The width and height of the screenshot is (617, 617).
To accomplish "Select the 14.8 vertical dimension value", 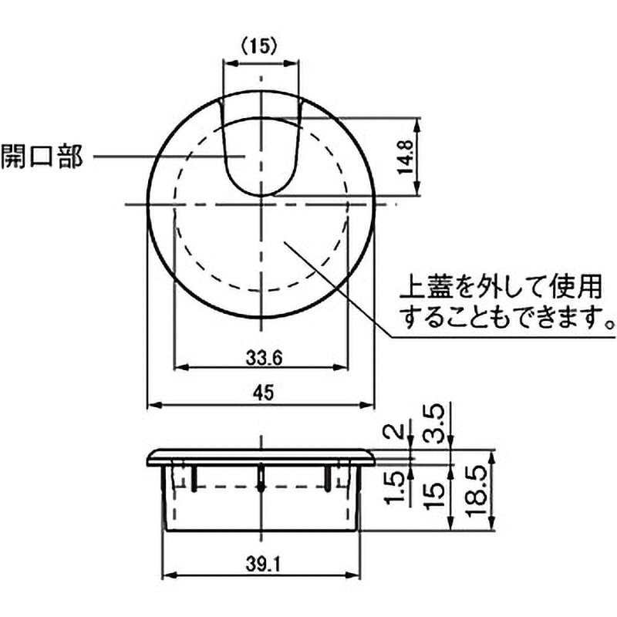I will point(408,158).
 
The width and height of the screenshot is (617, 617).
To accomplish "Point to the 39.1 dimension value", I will point(263,565).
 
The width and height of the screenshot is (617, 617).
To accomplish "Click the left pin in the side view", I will point(193,477).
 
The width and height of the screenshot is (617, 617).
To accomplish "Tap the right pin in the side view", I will point(331,477).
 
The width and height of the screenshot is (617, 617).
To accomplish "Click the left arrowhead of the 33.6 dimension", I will point(180,369).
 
